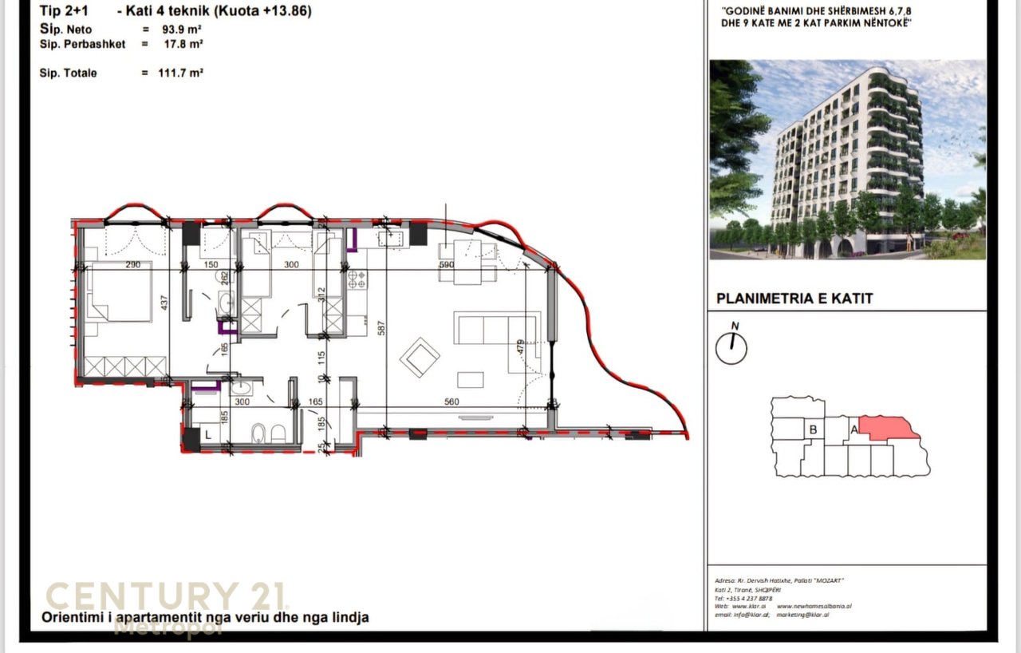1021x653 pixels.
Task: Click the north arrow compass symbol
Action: [x=731, y=347]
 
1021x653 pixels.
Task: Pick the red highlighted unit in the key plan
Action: [x=887, y=429]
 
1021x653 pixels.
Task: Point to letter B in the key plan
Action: [x=813, y=429]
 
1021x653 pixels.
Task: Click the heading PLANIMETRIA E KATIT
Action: [x=794, y=299]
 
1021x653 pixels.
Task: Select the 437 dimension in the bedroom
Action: [x=163, y=303]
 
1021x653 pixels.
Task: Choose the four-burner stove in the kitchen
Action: [x=357, y=279]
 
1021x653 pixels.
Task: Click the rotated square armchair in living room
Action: [x=420, y=357]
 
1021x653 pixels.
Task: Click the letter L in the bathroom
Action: [x=207, y=434]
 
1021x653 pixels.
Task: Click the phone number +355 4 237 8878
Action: [x=743, y=597]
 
